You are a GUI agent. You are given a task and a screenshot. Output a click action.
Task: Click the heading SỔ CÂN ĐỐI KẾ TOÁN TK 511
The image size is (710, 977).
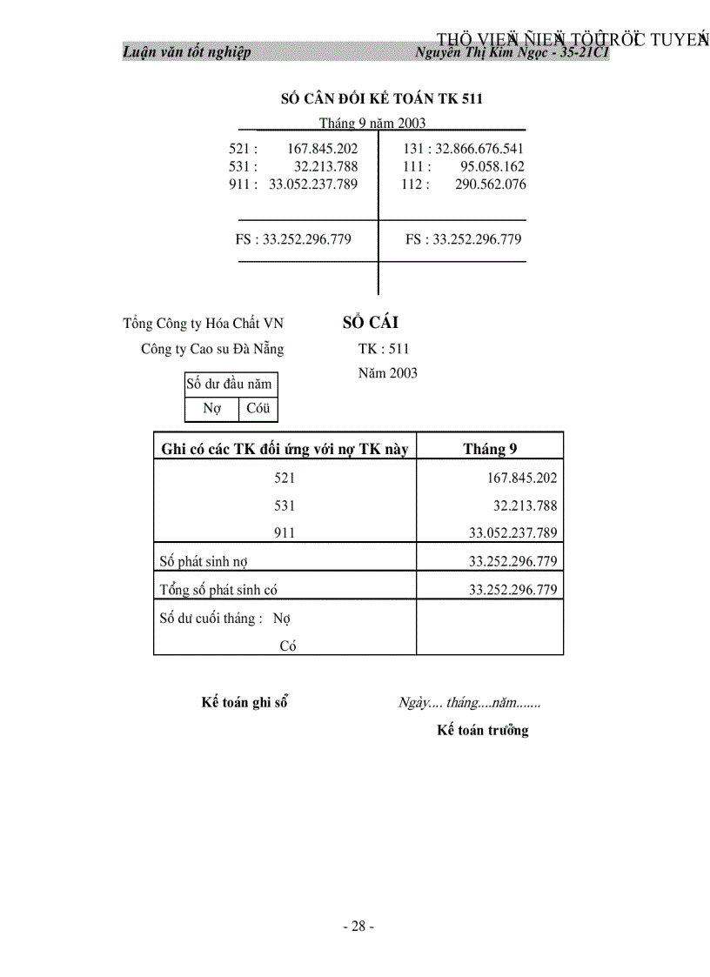tap(382, 98)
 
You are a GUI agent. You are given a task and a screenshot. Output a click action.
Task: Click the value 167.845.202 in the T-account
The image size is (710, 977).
tap(322, 149)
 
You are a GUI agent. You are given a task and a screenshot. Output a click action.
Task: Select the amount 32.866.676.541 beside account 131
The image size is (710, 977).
tap(475, 149)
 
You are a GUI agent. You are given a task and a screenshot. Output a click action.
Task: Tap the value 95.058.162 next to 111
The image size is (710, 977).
tap(492, 166)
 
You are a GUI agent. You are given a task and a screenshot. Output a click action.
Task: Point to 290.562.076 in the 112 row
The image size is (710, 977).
tap(490, 184)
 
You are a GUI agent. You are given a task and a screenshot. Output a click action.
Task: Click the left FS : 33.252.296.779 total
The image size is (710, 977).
tap(293, 239)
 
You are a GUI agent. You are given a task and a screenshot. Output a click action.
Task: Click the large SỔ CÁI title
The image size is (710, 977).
tap(371, 323)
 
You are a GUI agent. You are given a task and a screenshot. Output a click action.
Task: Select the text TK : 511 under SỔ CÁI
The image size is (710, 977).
tap(383, 350)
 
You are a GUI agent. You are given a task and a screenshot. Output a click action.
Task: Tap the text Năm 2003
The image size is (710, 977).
tap(387, 373)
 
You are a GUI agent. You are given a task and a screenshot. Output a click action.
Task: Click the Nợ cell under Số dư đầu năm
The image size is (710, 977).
tap(211, 408)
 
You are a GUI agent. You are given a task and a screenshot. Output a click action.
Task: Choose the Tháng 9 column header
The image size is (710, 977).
tap(490, 449)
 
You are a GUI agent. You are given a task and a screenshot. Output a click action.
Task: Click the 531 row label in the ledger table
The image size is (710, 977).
tap(285, 505)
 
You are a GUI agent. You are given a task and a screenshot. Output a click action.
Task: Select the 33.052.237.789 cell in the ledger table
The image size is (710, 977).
tap(513, 533)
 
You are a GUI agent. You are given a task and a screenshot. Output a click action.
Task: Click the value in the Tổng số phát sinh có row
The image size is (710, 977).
tap(513, 590)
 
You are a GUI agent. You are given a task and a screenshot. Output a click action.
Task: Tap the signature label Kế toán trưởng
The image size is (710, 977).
tap(482, 731)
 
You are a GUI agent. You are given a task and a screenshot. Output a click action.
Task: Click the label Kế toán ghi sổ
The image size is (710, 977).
tap(244, 703)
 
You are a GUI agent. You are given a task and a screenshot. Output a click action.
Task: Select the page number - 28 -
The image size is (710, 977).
tap(358, 927)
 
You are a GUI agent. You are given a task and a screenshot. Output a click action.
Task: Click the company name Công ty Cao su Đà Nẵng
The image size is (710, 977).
tap(212, 350)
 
